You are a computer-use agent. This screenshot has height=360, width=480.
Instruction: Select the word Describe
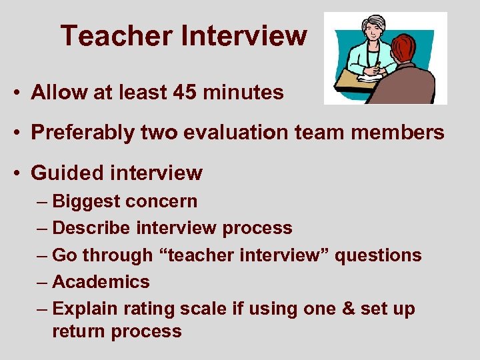(91, 228)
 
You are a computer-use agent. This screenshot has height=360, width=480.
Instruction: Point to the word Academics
(101, 281)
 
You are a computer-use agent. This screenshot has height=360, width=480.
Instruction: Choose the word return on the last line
(81, 331)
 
